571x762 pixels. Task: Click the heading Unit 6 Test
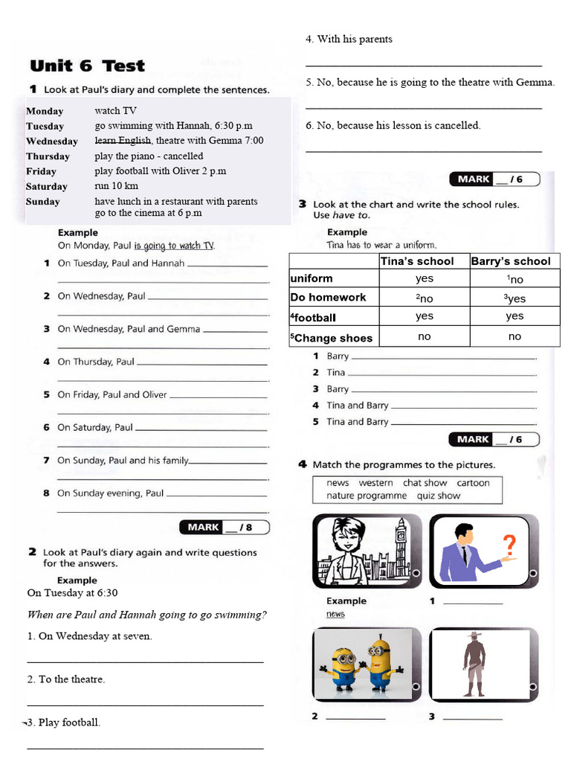coord(87,65)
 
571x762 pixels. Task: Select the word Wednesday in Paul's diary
coord(52,141)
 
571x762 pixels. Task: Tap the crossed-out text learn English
coord(123,141)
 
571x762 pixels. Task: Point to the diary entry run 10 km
coord(116,186)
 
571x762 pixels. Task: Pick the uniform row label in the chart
coord(312,278)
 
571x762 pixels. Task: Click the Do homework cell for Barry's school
coord(514,298)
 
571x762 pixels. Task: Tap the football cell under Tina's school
coord(424,316)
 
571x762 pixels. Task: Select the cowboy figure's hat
coord(474,635)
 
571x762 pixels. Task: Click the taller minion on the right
coord(381,665)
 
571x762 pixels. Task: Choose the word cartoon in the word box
coord(473,483)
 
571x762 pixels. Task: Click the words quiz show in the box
coord(438,496)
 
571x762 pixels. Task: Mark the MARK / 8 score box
coord(225,528)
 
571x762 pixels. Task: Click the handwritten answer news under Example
coord(335,614)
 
